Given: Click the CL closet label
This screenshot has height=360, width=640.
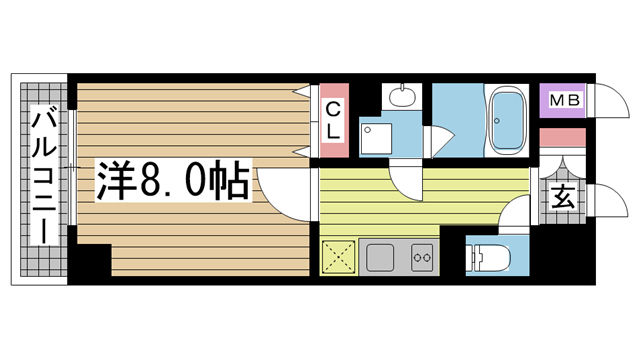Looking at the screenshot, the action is coord(333,120).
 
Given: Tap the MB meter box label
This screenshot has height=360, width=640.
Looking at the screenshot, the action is coord(564,100).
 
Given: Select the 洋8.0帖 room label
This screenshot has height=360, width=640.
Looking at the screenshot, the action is coord(173,180).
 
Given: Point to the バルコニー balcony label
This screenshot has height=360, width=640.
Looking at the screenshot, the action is coord(44,175).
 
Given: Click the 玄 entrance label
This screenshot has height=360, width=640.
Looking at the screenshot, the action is coord(564,197).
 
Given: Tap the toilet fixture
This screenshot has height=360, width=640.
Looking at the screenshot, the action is coord(489,257).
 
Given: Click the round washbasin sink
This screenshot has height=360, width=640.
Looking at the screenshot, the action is coord(402,96).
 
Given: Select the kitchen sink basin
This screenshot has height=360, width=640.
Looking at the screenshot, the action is coord(380,257).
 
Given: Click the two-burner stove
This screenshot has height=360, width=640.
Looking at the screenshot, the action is coord(422,257).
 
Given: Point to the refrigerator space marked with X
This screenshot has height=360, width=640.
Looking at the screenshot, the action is coord(338,257).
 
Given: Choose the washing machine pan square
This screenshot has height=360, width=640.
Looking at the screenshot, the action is coord(376,138).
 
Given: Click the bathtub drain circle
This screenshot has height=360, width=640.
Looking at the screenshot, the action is coord(497,121).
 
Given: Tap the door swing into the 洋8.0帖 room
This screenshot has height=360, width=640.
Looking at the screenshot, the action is coord(282,196).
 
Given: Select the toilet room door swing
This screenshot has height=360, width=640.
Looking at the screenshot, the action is coord(514,214).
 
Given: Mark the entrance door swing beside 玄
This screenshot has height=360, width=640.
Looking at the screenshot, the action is coord(608,200).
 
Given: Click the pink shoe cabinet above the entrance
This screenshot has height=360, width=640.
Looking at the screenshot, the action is coord(563,138).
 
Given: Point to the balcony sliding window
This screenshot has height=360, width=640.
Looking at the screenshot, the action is coord(72,167).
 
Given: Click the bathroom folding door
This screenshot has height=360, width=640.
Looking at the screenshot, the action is coord(439,142).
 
